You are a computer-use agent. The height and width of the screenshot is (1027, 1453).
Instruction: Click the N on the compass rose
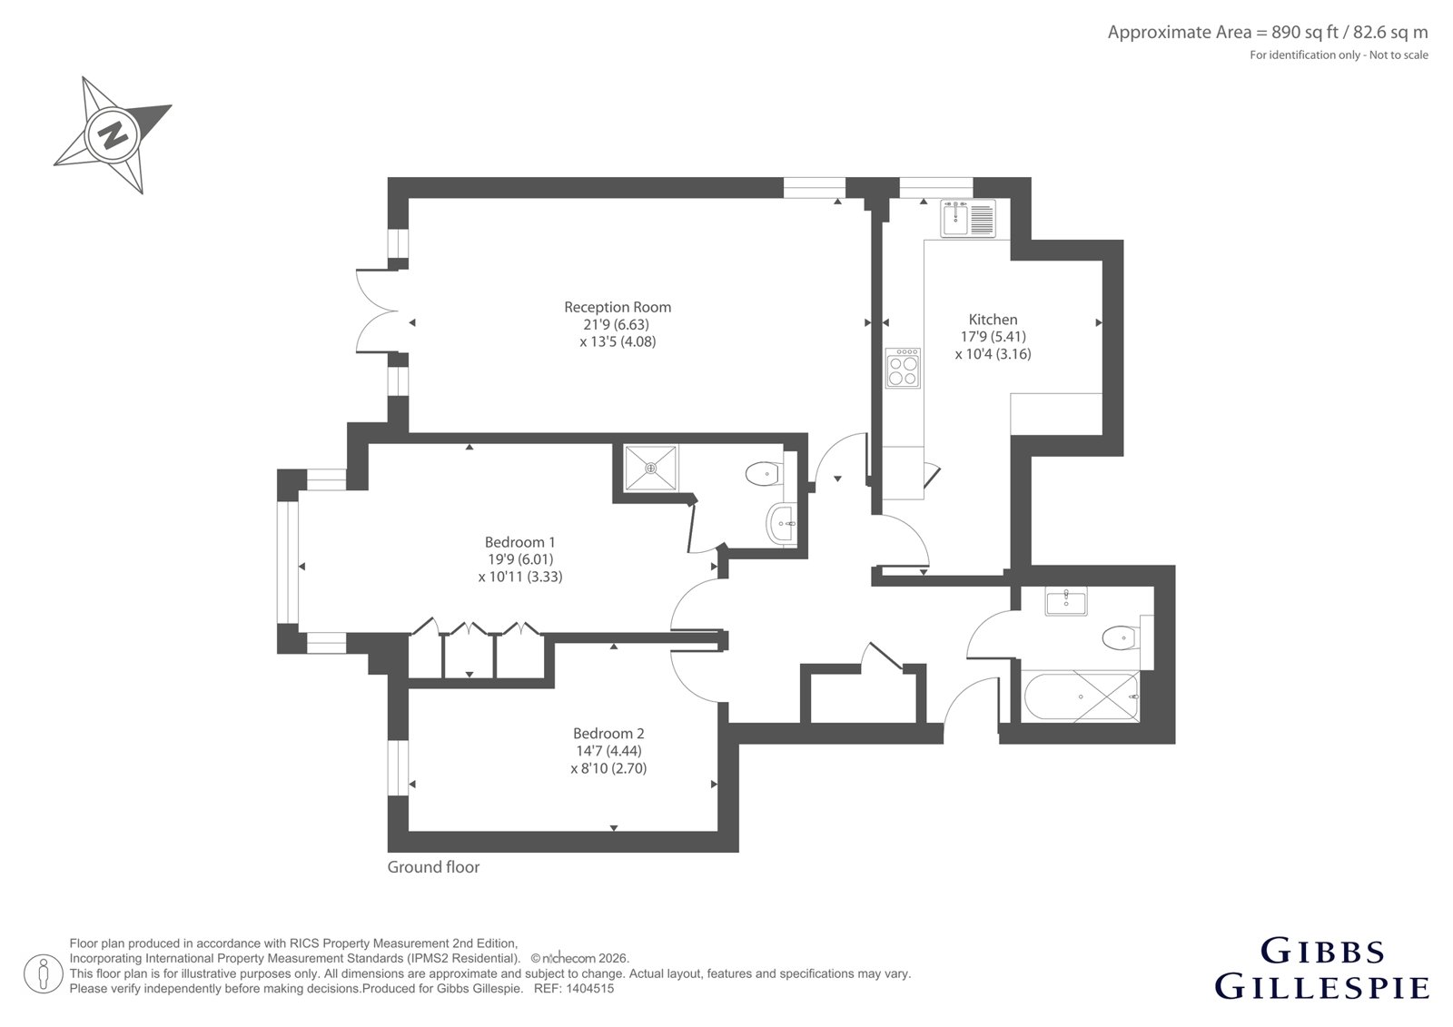(113, 135)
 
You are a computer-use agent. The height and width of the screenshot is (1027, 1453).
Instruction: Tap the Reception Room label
(617, 307)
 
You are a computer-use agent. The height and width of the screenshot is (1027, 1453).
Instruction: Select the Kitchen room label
(993, 320)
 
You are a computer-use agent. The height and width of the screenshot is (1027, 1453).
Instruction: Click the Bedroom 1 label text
(519, 542)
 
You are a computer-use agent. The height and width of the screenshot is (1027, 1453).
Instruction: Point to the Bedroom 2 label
(608, 733)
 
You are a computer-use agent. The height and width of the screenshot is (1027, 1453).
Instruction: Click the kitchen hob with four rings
(903, 368)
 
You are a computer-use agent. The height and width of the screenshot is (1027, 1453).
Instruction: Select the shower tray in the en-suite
(650, 468)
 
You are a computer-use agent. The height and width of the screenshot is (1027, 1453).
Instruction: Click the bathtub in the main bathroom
(1081, 696)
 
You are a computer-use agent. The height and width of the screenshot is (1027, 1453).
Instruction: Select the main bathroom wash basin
(1066, 601)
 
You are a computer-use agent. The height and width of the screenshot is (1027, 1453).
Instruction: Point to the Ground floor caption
(433, 867)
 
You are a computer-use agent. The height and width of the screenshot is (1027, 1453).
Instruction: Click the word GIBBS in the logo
(1322, 952)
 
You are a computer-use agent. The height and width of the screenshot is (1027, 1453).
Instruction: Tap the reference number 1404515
(589, 989)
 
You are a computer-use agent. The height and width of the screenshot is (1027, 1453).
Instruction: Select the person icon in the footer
(44, 973)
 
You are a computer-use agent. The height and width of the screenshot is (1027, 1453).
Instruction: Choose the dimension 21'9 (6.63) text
(617, 324)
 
